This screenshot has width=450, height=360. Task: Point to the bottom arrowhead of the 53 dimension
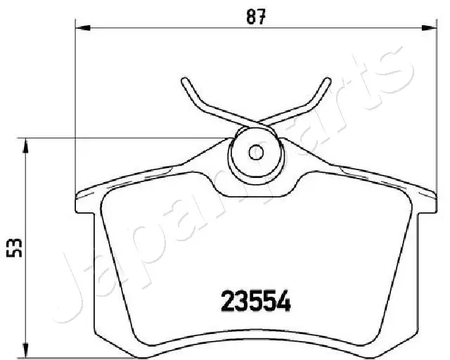click(x=27, y=352)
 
